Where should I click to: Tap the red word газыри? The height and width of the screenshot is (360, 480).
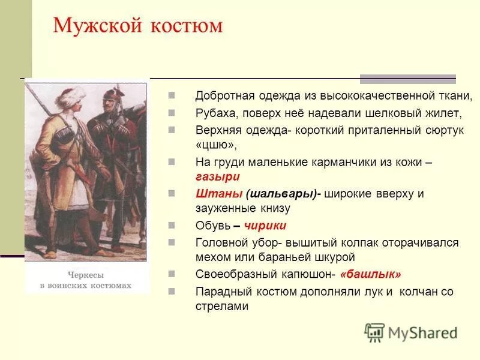[217, 176]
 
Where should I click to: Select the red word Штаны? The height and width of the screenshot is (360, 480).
[219, 194]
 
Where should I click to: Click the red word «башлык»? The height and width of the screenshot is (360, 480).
[370, 274]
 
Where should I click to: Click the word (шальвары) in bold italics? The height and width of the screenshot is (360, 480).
[282, 194]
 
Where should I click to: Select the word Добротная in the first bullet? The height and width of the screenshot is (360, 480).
[224, 96]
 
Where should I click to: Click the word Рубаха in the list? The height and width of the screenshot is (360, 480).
[215, 113]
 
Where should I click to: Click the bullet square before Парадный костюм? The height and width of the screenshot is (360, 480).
[172, 290]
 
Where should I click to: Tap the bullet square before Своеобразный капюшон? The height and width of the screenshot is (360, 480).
[172, 274]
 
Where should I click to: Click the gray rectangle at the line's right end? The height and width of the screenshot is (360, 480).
[407, 79]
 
